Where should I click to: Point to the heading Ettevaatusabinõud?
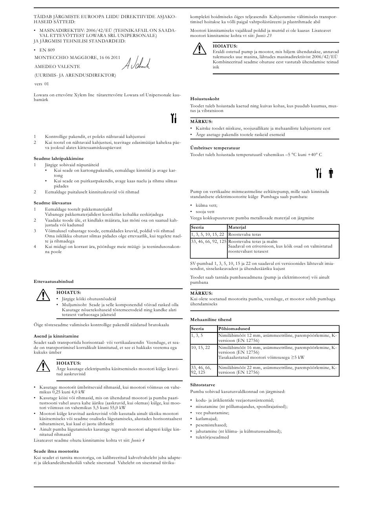click(x=53, y=281)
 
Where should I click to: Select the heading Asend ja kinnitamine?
click(x=56, y=336)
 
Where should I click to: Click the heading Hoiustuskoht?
click(x=205, y=98)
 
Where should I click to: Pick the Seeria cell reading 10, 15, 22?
click(x=200, y=347)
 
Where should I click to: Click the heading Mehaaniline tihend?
click(x=211, y=319)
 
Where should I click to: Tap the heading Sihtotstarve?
click(x=203, y=385)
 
